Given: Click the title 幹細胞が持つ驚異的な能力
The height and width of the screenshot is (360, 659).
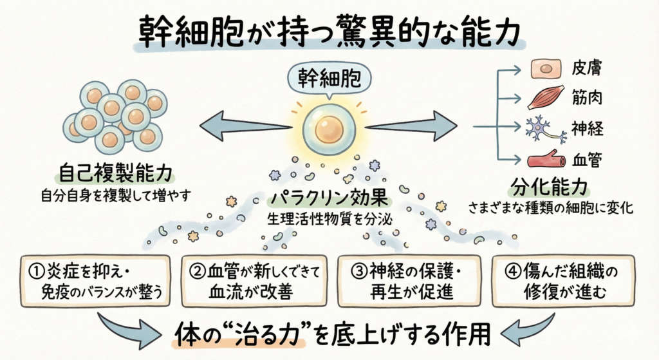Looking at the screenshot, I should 329,30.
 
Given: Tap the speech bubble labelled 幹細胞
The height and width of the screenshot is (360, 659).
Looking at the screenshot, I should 329,78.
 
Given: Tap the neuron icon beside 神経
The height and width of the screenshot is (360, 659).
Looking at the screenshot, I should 544,129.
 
